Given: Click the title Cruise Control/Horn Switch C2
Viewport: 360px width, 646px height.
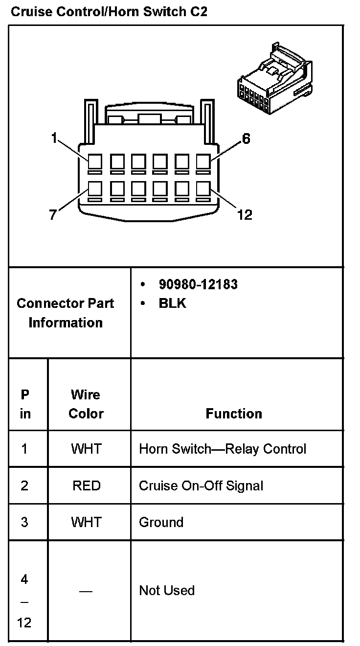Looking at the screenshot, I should pyautogui.click(x=109, y=12).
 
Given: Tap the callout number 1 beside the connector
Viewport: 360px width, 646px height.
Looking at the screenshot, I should pyautogui.click(x=54, y=138).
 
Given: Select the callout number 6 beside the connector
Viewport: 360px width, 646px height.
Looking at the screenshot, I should pyautogui.click(x=246, y=139).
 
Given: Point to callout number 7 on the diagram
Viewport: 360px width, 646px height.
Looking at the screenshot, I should pyautogui.click(x=53, y=214).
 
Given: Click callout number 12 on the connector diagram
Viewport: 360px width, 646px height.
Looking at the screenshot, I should pyautogui.click(x=244, y=214).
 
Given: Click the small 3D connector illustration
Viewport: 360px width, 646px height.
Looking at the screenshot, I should pyautogui.click(x=274, y=72).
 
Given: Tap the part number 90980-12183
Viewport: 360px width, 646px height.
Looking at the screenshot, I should pyautogui.click(x=198, y=284).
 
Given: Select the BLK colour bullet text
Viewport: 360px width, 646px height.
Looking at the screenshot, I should pyautogui.click(x=172, y=303).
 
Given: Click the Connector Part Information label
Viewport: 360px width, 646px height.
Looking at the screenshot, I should pyautogui.click(x=66, y=313).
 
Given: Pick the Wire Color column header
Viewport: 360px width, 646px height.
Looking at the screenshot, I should pyautogui.click(x=86, y=404).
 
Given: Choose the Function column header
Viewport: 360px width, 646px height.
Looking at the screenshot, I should pyautogui.click(x=234, y=414).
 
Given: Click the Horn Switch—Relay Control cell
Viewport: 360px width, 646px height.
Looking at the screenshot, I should pyautogui.click(x=223, y=449).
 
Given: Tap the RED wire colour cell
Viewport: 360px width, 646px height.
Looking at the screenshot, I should pyautogui.click(x=86, y=485).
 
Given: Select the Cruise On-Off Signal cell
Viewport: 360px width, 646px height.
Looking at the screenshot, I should pyautogui.click(x=201, y=485).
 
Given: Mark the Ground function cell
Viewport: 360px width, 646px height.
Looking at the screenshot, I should pyautogui.click(x=161, y=522).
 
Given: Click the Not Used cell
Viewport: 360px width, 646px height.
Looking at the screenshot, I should pyautogui.click(x=167, y=590).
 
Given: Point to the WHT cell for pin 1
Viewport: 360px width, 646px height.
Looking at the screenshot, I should pyautogui.click(x=86, y=449).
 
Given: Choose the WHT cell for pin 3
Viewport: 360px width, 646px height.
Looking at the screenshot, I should pyautogui.click(x=86, y=522).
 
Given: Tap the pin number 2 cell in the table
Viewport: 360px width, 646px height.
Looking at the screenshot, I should pyautogui.click(x=24, y=485).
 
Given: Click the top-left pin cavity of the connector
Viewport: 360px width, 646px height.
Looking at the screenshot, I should pyautogui.click(x=95, y=161).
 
